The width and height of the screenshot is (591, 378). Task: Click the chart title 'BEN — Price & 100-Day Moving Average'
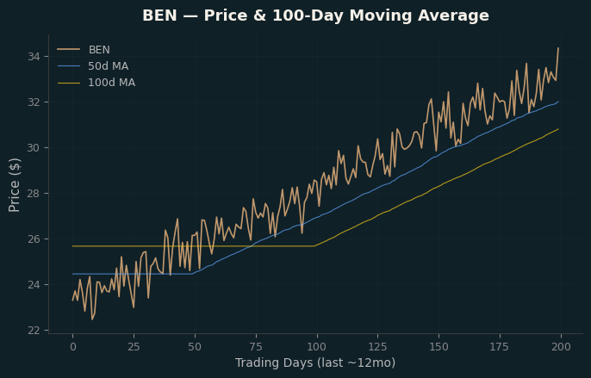point(315,15)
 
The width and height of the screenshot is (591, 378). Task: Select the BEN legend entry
point(84,50)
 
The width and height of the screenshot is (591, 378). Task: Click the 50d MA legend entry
point(93,66)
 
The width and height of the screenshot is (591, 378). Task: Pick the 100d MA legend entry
point(96,83)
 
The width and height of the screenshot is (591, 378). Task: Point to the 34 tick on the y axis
point(34,57)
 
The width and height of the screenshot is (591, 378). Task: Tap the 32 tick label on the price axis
point(34,102)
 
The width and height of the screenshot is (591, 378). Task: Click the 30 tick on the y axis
point(34,148)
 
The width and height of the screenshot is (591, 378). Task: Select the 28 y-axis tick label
point(34,194)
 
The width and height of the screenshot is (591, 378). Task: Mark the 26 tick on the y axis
point(34,239)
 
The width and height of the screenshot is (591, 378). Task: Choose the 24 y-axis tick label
point(34,284)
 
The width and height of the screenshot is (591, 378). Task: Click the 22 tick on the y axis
point(34,331)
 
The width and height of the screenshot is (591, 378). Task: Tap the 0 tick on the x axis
point(72,347)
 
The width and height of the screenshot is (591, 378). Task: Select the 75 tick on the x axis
point(256,347)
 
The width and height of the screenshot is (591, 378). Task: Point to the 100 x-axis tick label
point(317,347)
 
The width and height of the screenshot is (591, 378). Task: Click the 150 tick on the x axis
point(439,347)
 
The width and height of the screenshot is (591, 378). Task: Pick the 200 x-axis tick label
point(561,347)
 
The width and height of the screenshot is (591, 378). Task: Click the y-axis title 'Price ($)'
point(15,185)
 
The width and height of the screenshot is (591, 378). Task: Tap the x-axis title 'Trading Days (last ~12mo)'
point(315,363)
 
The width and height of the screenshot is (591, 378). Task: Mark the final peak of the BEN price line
point(558,48)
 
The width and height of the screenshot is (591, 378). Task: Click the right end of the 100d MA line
point(558,129)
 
